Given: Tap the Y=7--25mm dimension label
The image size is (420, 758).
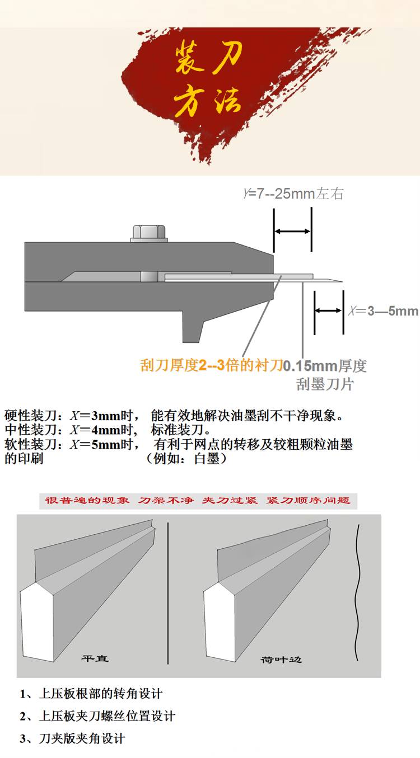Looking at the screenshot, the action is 293,194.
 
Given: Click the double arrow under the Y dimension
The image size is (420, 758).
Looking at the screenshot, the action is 292,232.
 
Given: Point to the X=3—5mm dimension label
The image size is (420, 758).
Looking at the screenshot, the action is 383,311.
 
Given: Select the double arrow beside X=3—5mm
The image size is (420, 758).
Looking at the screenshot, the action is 329,310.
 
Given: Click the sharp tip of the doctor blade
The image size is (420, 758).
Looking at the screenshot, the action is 342,281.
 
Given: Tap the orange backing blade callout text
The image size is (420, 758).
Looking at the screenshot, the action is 212,365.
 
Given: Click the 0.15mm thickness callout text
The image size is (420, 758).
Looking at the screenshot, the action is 324,375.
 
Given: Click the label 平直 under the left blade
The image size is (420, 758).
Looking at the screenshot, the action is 95,658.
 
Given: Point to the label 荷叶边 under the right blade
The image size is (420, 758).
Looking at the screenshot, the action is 281,660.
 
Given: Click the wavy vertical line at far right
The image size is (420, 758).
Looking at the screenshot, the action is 357,592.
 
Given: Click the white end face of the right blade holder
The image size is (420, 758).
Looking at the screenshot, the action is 220,622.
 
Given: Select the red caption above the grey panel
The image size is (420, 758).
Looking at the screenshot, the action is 198,501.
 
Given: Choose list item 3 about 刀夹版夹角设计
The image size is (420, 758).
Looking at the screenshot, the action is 72,738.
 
